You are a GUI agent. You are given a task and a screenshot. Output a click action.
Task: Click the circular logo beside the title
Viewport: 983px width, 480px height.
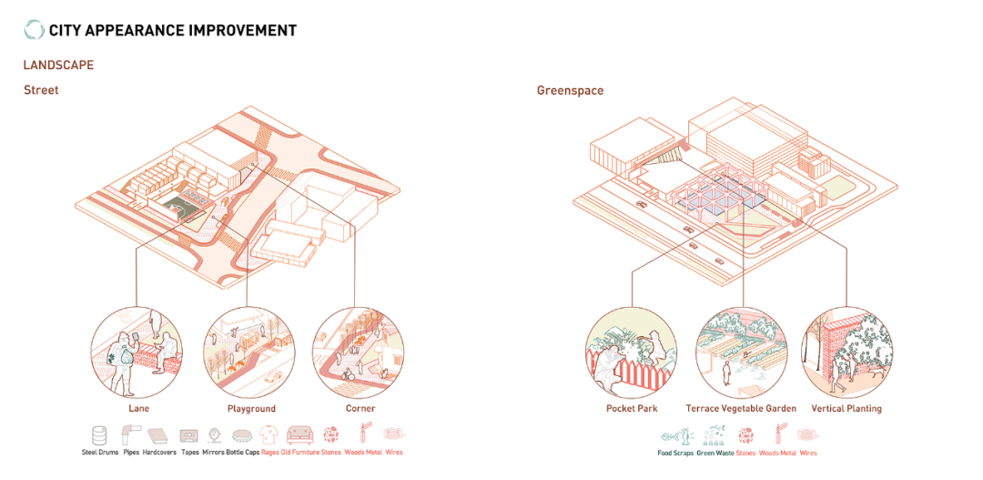(34, 30)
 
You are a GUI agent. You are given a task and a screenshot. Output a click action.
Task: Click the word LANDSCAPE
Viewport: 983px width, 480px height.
(58, 66)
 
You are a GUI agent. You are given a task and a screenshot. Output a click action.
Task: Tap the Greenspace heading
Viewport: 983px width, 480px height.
(570, 91)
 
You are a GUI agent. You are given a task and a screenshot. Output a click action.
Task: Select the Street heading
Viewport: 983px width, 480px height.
(41, 90)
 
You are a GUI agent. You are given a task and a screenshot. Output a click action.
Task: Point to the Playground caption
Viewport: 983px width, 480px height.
(251, 409)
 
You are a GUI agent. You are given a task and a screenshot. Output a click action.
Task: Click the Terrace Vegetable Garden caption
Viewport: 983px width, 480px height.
(741, 409)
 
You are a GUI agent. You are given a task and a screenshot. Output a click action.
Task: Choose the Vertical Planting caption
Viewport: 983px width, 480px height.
(846, 409)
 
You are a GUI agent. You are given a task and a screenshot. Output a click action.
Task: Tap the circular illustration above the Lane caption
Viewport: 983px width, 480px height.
(137, 352)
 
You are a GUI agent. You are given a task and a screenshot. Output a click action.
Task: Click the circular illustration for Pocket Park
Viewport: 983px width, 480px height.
(631, 352)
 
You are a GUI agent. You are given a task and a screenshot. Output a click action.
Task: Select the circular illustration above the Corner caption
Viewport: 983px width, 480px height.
(358, 352)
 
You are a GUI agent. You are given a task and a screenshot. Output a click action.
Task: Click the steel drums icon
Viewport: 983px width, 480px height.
(100, 435)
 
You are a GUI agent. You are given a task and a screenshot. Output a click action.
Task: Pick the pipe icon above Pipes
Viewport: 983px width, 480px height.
(130, 435)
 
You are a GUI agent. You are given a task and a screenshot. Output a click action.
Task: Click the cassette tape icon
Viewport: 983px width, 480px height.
(189, 435)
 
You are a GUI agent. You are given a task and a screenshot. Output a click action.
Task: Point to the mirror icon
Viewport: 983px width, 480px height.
(215, 435)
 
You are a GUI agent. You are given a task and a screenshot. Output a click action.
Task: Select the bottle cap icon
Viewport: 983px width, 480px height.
(243, 435)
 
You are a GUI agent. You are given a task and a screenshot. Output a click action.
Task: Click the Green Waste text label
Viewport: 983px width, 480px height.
(714, 453)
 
